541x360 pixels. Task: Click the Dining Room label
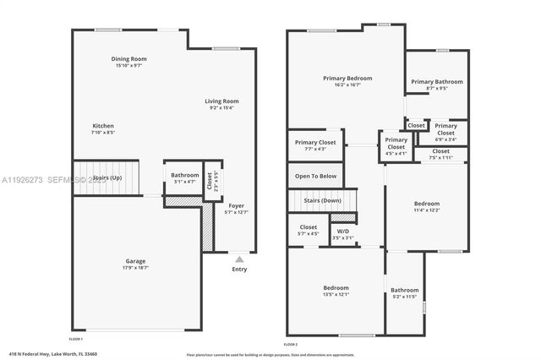(129, 58)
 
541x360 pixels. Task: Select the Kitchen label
(103, 126)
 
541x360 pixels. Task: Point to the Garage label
(135, 260)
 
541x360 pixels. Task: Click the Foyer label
(236, 205)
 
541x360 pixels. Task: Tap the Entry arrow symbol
(240, 260)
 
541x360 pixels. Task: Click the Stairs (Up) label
(107, 178)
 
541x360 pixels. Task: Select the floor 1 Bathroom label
(185, 175)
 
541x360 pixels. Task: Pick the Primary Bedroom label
(347, 78)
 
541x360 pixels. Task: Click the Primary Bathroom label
(437, 82)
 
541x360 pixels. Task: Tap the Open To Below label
(315, 176)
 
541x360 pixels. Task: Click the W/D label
(343, 231)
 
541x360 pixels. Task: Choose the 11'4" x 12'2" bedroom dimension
(426, 210)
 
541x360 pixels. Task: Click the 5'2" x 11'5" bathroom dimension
(405, 297)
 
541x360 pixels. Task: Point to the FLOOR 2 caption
(291, 346)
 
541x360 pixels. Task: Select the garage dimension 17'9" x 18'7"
(135, 267)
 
